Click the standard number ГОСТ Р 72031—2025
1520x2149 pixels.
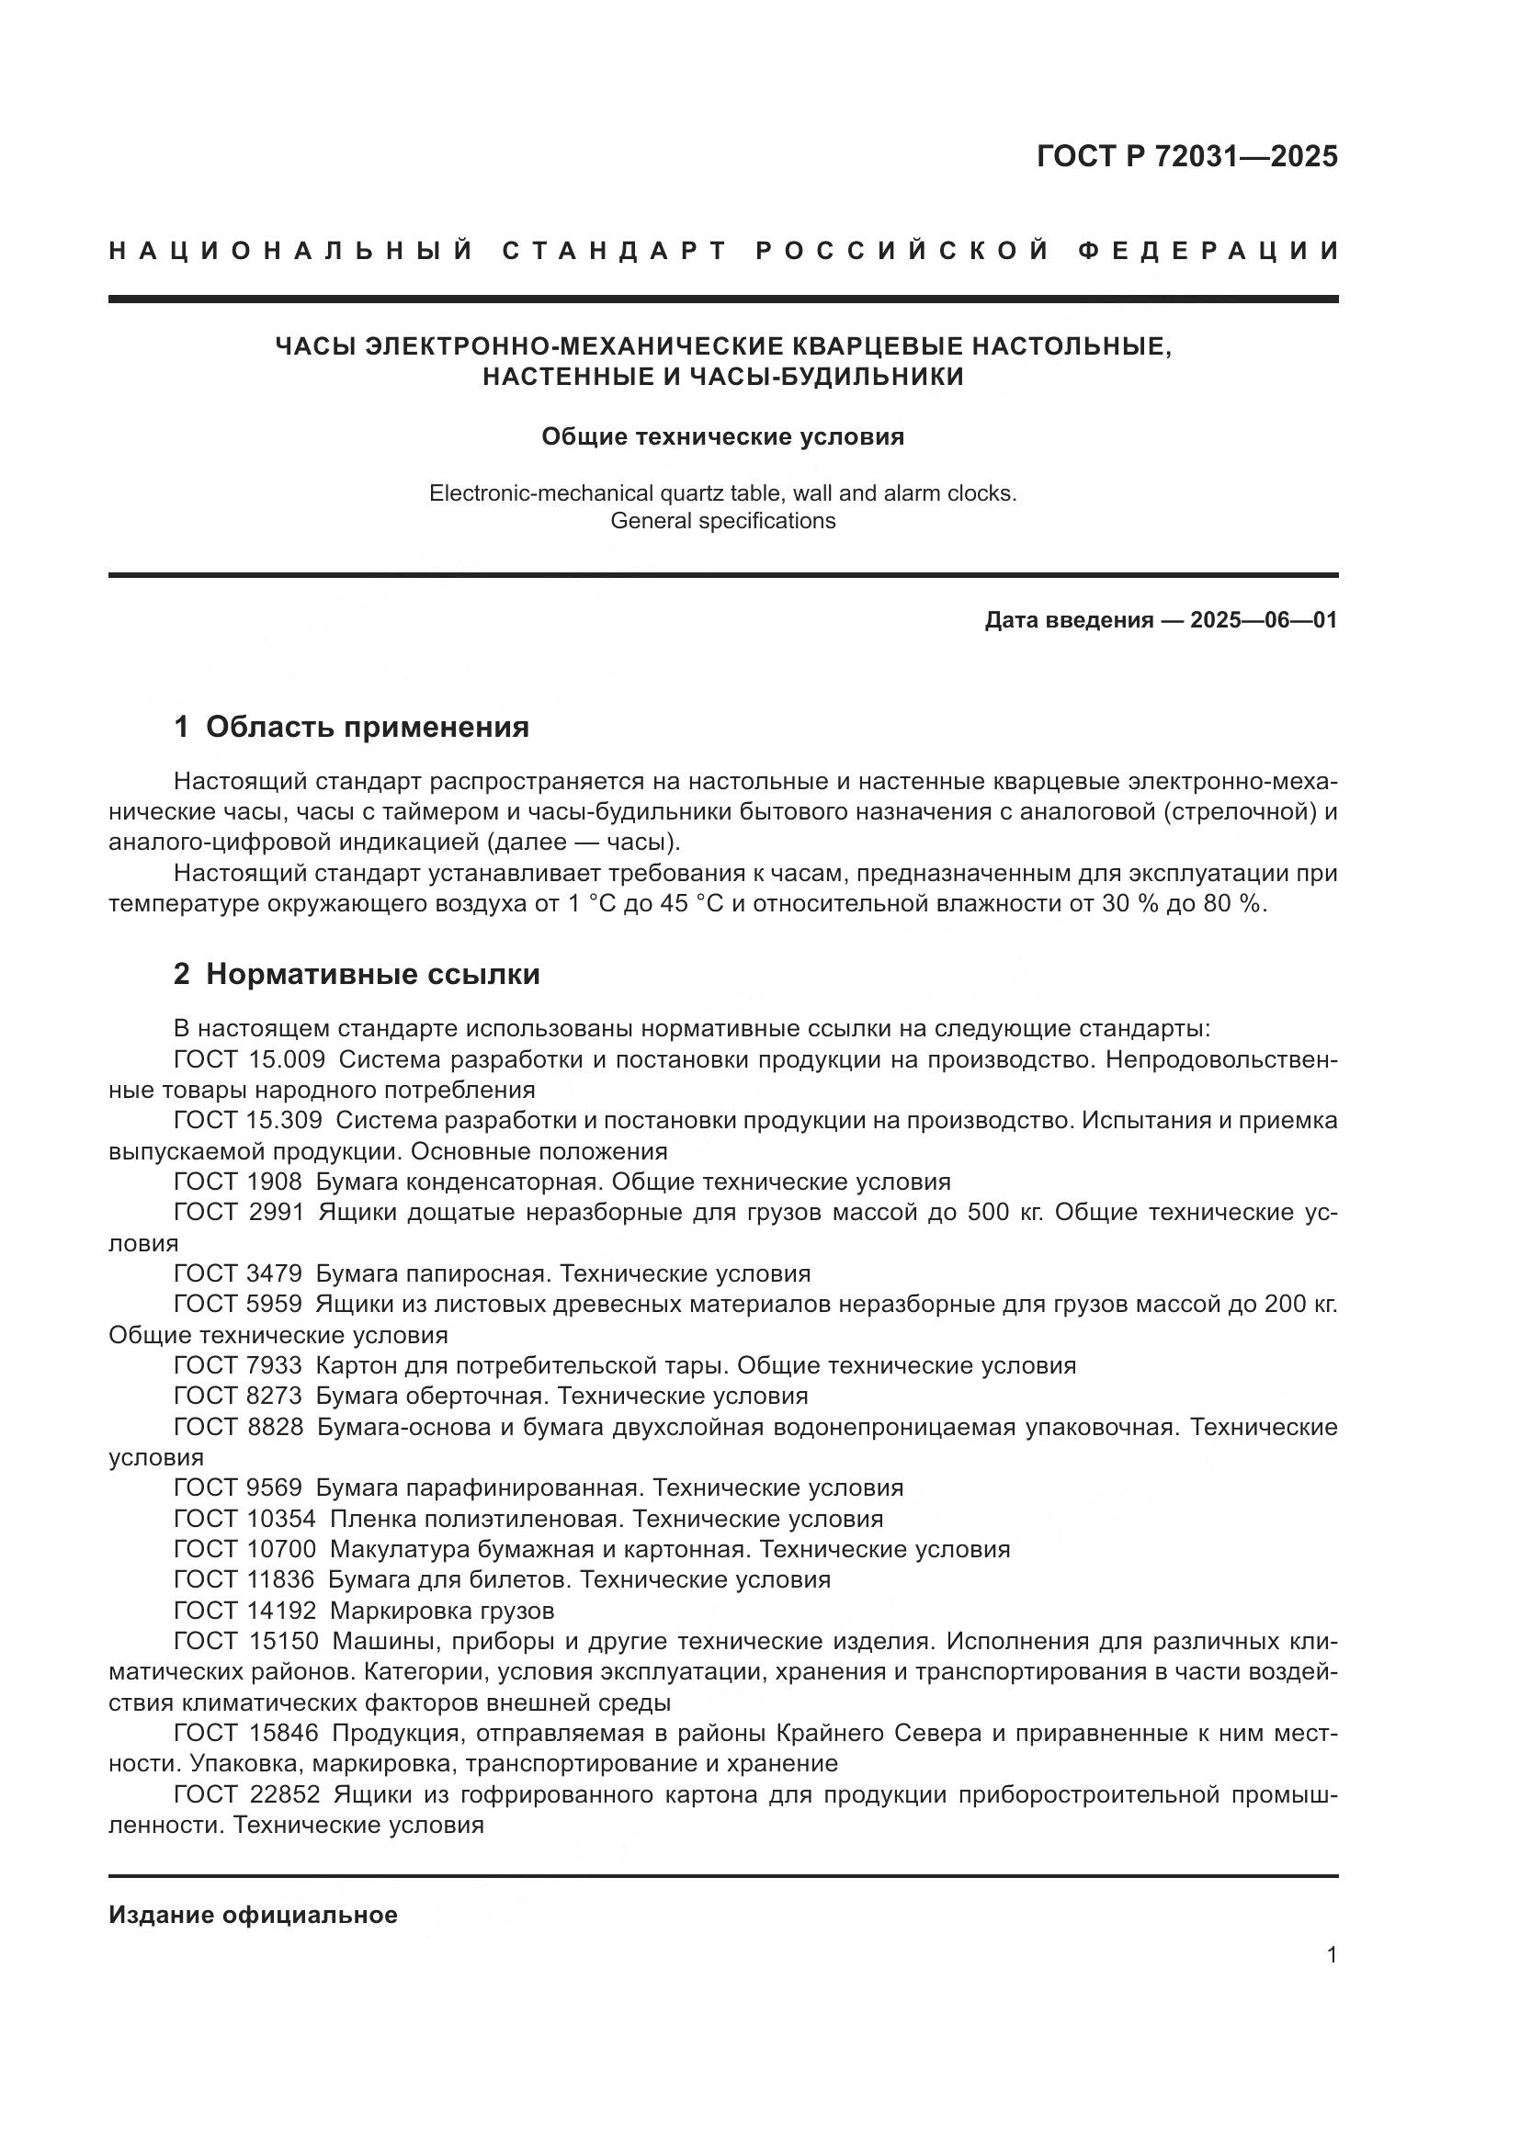pyautogui.click(x=1186, y=156)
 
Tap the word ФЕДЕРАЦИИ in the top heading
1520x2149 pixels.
pyautogui.click(x=1208, y=251)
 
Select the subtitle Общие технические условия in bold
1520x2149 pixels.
pyautogui.click(x=722, y=437)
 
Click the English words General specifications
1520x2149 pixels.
pyautogui.click(x=722, y=521)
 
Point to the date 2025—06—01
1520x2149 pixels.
pyautogui.click(x=1264, y=620)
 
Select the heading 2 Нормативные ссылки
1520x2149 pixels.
pyautogui.click(x=357, y=974)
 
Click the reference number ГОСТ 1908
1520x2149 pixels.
pyautogui.click(x=238, y=1182)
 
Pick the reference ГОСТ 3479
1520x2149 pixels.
pyautogui.click(x=238, y=1273)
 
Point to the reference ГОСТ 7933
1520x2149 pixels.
pyautogui.click(x=238, y=1365)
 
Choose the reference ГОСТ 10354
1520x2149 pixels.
pyautogui.click(x=244, y=1519)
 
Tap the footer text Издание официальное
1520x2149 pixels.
pyautogui.click(x=253, y=1915)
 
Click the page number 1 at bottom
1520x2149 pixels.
pyautogui.click(x=1332, y=1955)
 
